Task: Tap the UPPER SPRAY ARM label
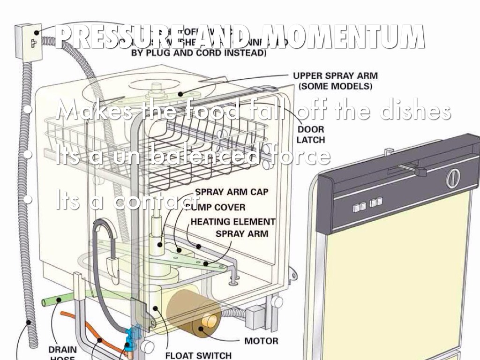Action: click(x=335, y=81)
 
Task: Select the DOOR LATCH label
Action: click(x=310, y=134)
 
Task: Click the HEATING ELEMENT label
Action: click(x=233, y=222)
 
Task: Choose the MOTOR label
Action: click(x=261, y=341)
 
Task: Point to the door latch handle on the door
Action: click(x=412, y=169)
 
